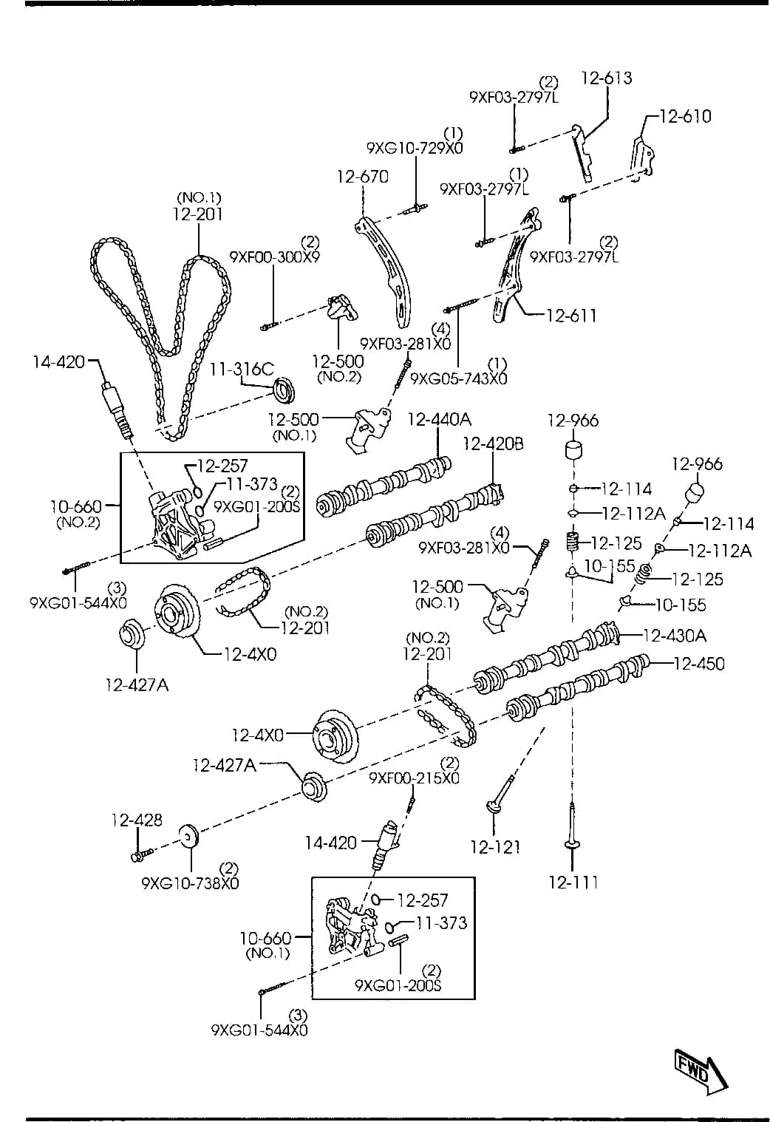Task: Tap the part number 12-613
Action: (606, 78)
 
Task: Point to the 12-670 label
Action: (363, 177)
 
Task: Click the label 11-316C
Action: (242, 369)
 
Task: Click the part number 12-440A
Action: (439, 419)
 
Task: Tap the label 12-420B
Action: (493, 443)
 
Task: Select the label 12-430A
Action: (675, 636)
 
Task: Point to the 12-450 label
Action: (699, 664)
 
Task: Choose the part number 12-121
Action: (495, 847)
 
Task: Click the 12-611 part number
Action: (571, 316)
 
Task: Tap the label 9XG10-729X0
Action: (415, 149)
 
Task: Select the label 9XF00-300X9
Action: (274, 257)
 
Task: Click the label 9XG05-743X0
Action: (458, 378)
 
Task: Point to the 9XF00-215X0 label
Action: (414, 778)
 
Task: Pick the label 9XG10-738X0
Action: (190, 883)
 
